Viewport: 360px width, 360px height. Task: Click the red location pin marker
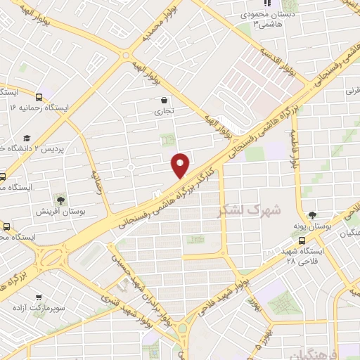coord(181,165)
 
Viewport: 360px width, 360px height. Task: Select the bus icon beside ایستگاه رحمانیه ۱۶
coord(39,97)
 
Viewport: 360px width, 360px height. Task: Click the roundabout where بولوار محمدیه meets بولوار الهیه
coord(126,55)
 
